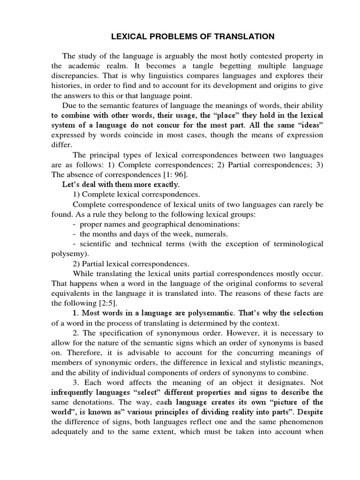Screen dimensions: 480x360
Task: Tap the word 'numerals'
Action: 212,234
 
